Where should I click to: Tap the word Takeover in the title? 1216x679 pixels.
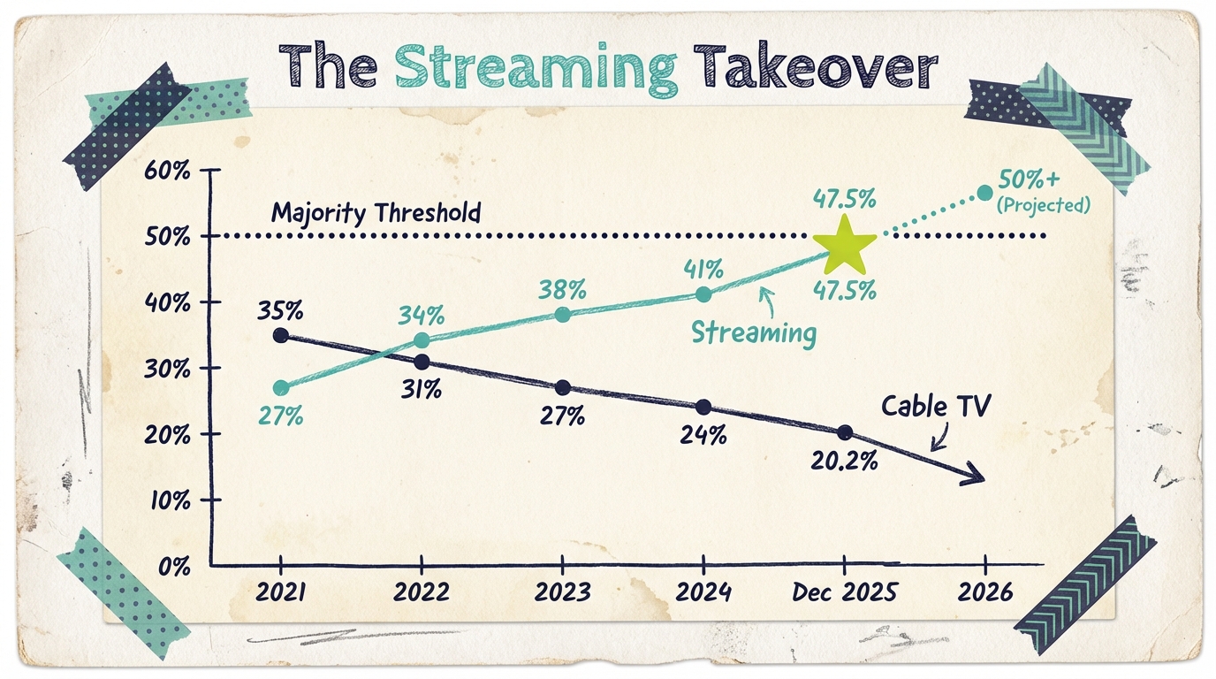pyautogui.click(x=815, y=67)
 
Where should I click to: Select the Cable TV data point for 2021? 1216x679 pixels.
pyautogui.click(x=280, y=335)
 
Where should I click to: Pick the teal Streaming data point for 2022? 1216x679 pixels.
pyautogui.click(x=422, y=340)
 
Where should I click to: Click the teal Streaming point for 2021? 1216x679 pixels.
pyautogui.click(x=281, y=388)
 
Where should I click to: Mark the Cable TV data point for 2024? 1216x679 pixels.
pyautogui.click(x=703, y=407)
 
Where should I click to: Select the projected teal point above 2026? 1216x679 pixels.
pyautogui.click(x=984, y=192)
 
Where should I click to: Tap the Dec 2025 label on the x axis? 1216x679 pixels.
pyautogui.click(x=844, y=592)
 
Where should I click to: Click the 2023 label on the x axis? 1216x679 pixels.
pyautogui.click(x=563, y=592)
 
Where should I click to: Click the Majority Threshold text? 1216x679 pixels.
pyautogui.click(x=376, y=213)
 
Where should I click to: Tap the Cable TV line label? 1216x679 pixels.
pyautogui.click(x=937, y=406)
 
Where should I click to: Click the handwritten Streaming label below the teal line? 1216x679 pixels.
pyautogui.click(x=753, y=332)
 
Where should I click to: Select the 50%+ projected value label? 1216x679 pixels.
pyautogui.click(x=1029, y=179)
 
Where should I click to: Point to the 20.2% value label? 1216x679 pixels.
pyautogui.click(x=845, y=460)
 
